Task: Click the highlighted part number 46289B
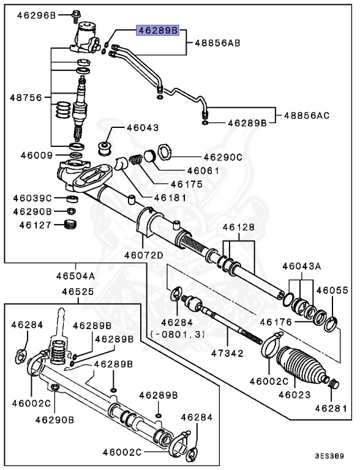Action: tap(157, 30)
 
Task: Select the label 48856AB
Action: tap(217, 43)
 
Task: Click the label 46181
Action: tap(170, 197)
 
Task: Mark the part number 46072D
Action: tap(143, 255)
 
